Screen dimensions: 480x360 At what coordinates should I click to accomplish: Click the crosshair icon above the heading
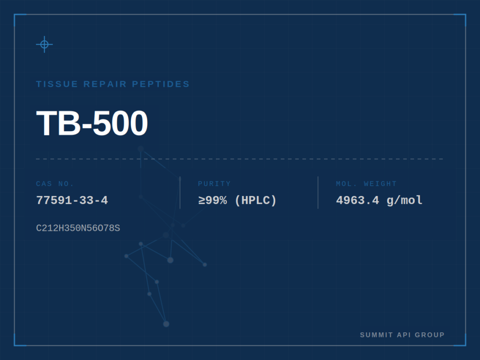coord(45,45)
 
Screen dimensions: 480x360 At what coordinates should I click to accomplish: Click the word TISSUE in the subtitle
coord(57,84)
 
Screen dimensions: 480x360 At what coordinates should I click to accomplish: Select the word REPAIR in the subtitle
coord(105,84)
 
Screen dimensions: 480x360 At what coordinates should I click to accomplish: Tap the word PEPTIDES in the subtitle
coord(161,84)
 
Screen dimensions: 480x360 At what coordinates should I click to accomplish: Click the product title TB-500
coord(92,123)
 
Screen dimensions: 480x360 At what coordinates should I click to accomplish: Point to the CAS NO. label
coord(55,184)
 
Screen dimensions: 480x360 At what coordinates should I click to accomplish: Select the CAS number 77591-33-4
coord(72,201)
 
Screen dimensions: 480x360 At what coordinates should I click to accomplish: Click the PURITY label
coord(214,184)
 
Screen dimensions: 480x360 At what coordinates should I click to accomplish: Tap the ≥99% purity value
coord(212,201)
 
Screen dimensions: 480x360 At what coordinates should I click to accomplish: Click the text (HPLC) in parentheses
coord(255,201)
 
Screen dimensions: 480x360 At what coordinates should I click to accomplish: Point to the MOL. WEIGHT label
coord(366,184)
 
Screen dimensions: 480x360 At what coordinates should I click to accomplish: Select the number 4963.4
coord(358,201)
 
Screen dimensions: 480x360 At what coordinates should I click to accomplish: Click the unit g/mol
coord(405,201)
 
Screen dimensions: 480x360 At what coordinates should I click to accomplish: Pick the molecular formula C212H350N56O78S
coord(78,228)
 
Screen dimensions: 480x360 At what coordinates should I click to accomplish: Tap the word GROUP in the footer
coord(430,335)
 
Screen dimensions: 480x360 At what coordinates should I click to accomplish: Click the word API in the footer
coord(404,335)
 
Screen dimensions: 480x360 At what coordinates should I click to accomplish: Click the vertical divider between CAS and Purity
coord(180,193)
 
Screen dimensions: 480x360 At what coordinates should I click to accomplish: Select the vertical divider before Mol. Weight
coord(318,193)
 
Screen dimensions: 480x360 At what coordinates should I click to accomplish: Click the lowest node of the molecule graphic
coord(166,324)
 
